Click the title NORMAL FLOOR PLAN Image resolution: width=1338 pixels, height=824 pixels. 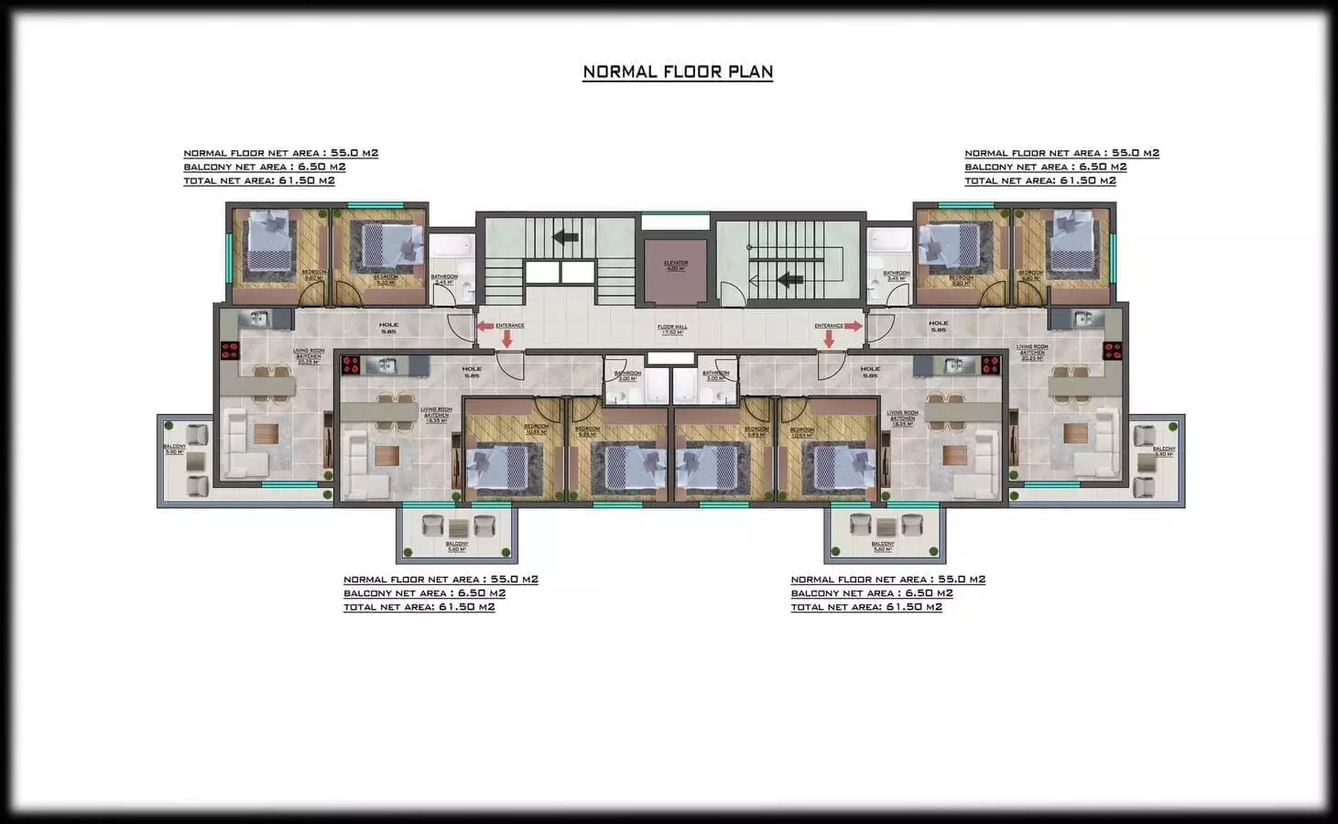tap(678, 71)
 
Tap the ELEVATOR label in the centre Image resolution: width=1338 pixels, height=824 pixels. tap(676, 266)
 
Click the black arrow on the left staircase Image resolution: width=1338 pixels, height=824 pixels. tap(564, 238)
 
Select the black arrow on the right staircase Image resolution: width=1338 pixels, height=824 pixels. tap(788, 280)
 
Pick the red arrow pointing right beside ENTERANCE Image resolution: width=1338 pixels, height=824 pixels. tap(853, 326)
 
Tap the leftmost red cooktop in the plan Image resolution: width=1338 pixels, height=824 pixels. tap(229, 350)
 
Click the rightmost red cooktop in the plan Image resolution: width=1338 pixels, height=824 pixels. tap(1112, 350)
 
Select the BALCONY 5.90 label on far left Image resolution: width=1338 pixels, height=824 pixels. tap(174, 449)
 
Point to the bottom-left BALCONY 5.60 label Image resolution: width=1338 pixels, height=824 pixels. tap(457, 547)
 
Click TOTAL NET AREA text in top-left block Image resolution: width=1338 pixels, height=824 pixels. tap(259, 180)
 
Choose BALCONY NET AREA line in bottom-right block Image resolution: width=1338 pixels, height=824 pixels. tap(872, 593)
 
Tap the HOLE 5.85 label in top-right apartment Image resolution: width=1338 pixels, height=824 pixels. tap(939, 326)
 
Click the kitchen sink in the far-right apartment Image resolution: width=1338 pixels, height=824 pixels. tap(1086, 319)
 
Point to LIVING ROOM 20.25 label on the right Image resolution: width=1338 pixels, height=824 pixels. tap(1032, 352)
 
